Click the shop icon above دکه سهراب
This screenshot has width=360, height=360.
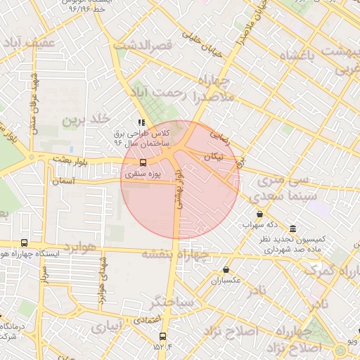(x=260, y=214)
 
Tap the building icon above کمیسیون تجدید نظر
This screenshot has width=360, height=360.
(x=292, y=228)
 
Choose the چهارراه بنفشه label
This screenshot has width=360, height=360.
(x=175, y=254)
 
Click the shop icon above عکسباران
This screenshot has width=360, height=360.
(x=226, y=269)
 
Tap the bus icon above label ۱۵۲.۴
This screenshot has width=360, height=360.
(x=163, y=336)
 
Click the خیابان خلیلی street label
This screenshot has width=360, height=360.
(x=202, y=44)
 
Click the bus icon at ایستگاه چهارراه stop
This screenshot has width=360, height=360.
(x=25, y=243)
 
